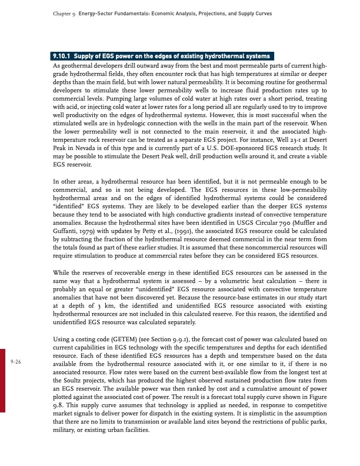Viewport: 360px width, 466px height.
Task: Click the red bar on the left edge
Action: tap(2, 377)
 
